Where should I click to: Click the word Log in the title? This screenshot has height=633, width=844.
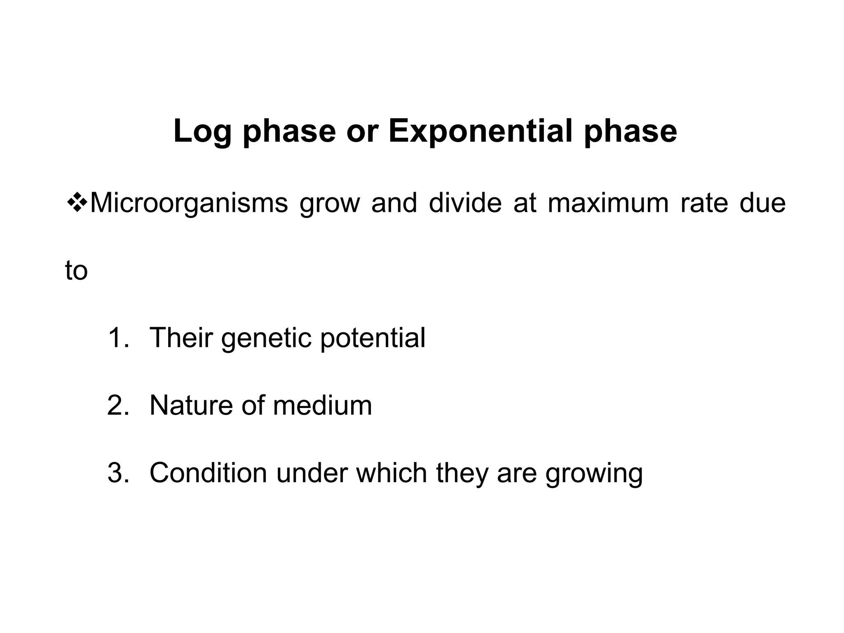coord(202,131)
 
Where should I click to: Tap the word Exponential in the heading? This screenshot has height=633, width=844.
coord(480,131)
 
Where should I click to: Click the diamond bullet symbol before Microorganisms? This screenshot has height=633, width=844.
coord(77,203)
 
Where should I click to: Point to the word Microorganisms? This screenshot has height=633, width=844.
coord(189,203)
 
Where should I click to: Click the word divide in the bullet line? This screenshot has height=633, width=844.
coord(465,203)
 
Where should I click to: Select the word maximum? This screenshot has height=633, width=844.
coord(608,203)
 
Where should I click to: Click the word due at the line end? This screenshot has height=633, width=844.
coord(762,203)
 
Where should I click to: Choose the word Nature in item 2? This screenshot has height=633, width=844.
coord(191,406)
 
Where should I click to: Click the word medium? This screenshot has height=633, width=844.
coord(322,406)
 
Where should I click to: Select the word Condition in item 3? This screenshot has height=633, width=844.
coord(209,473)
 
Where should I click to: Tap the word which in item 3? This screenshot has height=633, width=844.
coord(392,473)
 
